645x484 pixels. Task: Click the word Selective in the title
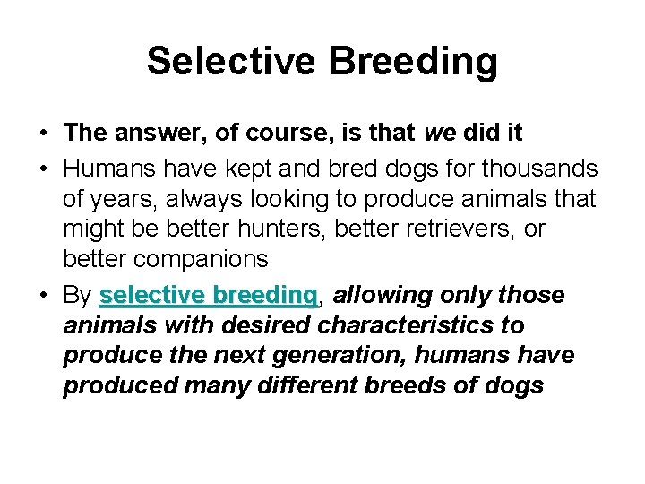click(231, 62)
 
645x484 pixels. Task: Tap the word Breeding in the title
click(414, 62)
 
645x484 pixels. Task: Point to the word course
click(287, 134)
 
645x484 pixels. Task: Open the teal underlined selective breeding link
click(209, 295)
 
